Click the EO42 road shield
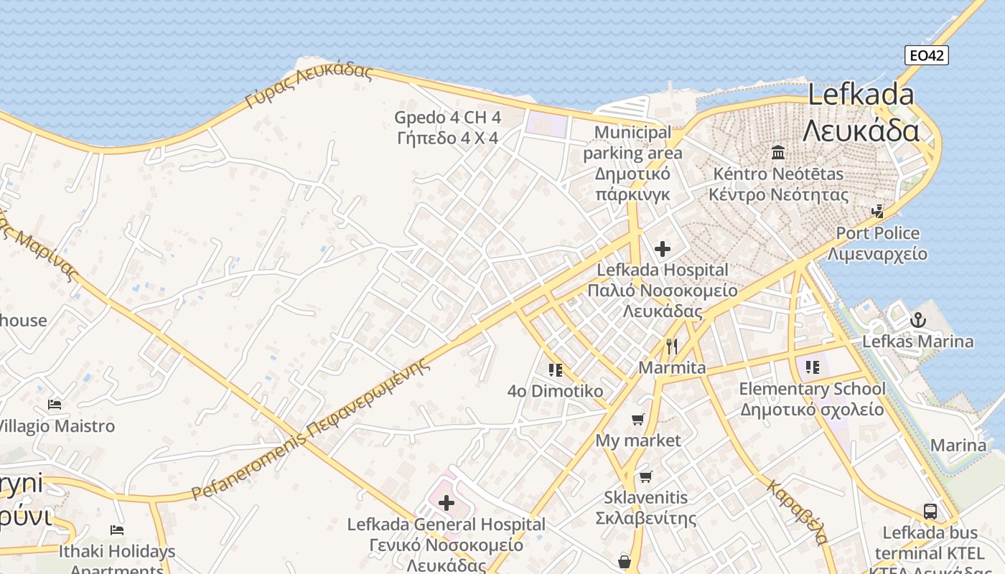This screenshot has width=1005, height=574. (x=926, y=55)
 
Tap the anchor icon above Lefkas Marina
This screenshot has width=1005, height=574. (x=917, y=320)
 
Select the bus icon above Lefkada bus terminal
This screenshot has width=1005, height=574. (x=930, y=512)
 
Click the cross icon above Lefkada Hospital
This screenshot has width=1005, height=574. (x=663, y=249)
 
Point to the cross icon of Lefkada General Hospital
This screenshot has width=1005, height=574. (x=446, y=502)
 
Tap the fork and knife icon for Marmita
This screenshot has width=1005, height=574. (x=672, y=347)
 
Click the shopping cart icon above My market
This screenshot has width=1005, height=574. (x=638, y=419)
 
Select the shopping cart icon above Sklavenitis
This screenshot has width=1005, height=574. (x=646, y=476)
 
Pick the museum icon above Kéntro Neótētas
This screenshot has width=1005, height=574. (x=778, y=152)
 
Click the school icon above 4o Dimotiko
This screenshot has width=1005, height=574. (x=555, y=370)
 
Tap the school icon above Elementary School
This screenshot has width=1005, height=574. (x=812, y=367)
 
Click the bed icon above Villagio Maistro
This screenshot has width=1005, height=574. (x=55, y=405)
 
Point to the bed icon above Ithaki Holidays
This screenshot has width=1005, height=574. (x=117, y=530)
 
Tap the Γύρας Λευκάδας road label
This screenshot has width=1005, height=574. (x=309, y=86)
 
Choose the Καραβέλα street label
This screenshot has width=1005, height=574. (x=798, y=512)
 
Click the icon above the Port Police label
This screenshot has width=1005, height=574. (x=877, y=211)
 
